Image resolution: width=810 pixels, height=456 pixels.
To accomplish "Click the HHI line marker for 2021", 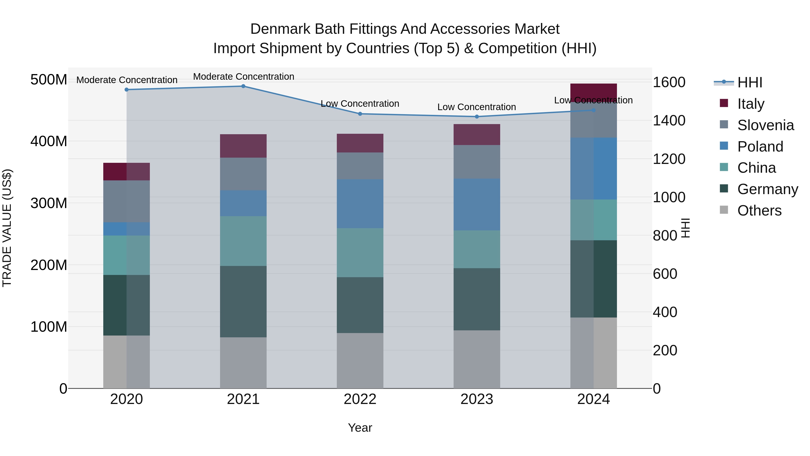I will click(x=243, y=86).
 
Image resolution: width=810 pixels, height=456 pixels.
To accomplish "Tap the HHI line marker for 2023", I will click(x=477, y=116).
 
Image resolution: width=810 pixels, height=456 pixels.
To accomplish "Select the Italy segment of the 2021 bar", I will click(x=243, y=146).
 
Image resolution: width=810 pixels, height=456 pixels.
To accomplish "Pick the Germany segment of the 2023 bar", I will click(x=477, y=299).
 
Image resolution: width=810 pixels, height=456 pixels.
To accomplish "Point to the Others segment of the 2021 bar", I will click(x=243, y=363).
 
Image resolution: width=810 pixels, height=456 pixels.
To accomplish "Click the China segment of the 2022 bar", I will click(x=360, y=252).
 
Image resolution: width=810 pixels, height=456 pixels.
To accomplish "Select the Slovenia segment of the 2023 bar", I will click(x=477, y=162).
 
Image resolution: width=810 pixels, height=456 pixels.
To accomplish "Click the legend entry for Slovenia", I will click(x=765, y=125).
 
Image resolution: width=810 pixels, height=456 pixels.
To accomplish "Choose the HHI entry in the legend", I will click(x=750, y=82).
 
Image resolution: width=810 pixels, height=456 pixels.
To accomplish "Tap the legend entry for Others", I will click(x=759, y=211).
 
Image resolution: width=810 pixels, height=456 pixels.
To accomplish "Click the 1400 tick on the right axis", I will click(x=669, y=120).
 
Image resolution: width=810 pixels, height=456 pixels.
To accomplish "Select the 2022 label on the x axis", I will click(x=360, y=399).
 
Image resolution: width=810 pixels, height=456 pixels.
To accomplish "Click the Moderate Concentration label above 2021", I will click(x=243, y=77).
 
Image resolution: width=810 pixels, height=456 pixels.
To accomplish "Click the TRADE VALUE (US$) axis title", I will click(x=7, y=228).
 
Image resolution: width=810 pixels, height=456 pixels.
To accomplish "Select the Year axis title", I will click(x=360, y=428).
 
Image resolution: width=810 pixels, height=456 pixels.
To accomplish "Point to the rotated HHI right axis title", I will click(x=686, y=228).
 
